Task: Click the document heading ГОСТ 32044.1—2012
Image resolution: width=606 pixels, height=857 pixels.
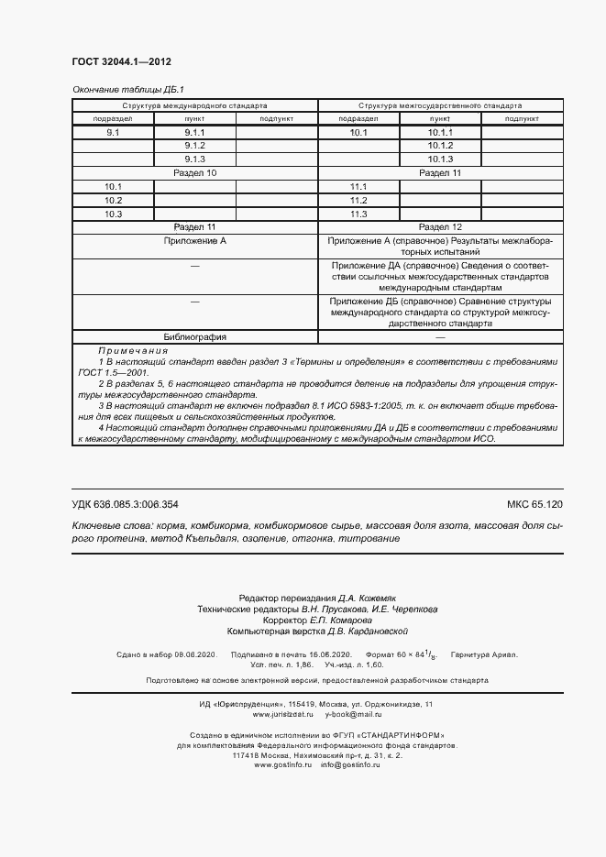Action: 121,62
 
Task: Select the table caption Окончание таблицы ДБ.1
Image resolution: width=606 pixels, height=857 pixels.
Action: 128,90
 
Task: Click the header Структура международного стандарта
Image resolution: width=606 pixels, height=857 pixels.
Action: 194,105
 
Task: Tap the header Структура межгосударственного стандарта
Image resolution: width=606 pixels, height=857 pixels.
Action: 440,105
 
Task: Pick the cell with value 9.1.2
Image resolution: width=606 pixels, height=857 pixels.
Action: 194,147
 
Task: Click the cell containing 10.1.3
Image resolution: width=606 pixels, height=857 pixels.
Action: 440,159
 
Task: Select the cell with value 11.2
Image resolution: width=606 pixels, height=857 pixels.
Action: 358,201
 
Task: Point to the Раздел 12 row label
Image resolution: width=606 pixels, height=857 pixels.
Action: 440,226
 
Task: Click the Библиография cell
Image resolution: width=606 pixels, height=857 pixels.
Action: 194,336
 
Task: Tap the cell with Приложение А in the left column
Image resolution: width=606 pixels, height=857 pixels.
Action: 194,240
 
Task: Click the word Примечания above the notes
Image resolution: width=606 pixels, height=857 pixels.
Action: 133,351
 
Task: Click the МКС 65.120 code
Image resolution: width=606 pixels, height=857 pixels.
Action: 534,504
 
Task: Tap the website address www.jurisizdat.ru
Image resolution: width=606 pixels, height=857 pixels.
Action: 285,714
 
